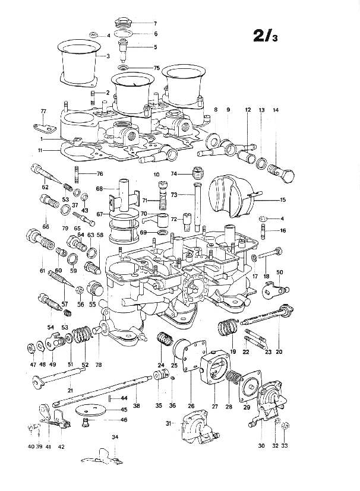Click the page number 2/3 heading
(265, 36)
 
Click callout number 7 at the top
(155, 23)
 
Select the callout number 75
(156, 68)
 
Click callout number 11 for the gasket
(40, 150)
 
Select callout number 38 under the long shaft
(136, 406)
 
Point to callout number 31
(169, 424)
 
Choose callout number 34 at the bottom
(115, 437)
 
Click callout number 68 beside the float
(99, 189)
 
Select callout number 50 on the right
(279, 272)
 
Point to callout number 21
(70, 390)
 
